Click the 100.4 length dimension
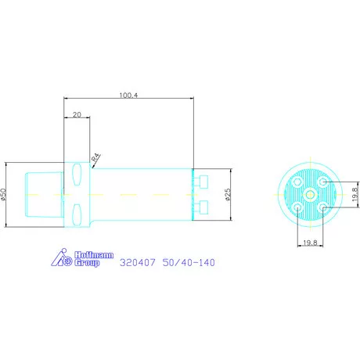(128, 95)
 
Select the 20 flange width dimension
(77, 115)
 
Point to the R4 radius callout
(96, 157)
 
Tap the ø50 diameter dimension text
(3, 195)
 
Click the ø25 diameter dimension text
(228, 195)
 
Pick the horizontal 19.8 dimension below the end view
(310, 243)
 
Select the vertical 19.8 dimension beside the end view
(355, 195)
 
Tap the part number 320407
(138, 262)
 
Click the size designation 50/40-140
(189, 262)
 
